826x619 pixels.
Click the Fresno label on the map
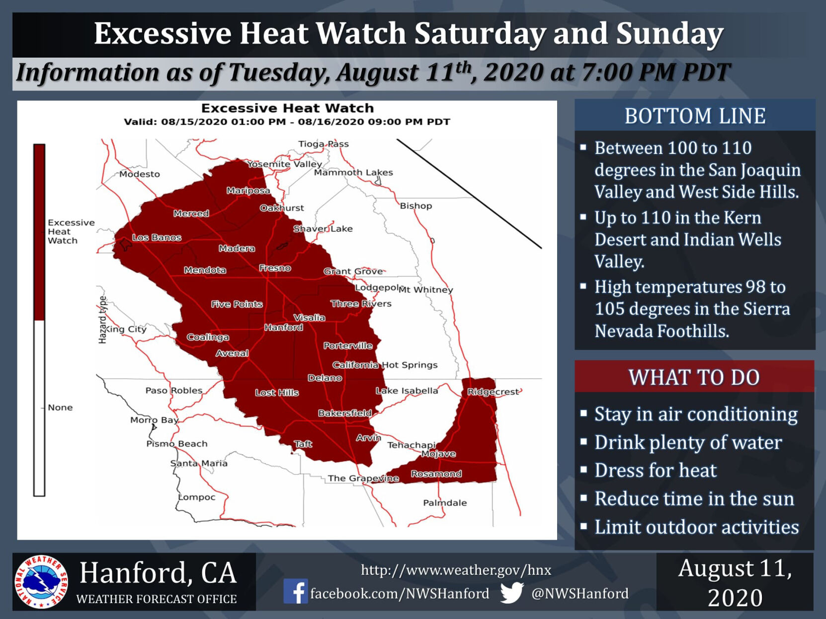click(275, 268)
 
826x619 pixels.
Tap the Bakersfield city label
click(345, 413)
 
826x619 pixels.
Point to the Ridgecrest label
click(493, 392)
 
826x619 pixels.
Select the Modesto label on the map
click(140, 174)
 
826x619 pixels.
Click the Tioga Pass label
click(324, 144)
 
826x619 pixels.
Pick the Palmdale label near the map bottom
click(445, 502)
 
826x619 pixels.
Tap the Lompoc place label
click(197, 497)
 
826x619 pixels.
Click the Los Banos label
click(157, 238)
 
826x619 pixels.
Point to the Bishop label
click(416, 206)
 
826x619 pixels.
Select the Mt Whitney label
click(425, 289)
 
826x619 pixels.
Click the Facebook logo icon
click(295, 591)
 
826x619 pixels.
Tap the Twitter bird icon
click(512, 592)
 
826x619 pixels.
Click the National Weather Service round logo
click(41, 582)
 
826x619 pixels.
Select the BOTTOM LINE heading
click(695, 116)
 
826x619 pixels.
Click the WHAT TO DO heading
click(694, 377)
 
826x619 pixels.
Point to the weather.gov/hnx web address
click(456, 570)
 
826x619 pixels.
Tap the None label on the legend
click(60, 408)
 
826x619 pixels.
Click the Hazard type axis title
click(102, 320)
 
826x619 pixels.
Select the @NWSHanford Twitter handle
click(580, 594)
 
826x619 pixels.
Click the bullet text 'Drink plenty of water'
click(688, 442)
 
